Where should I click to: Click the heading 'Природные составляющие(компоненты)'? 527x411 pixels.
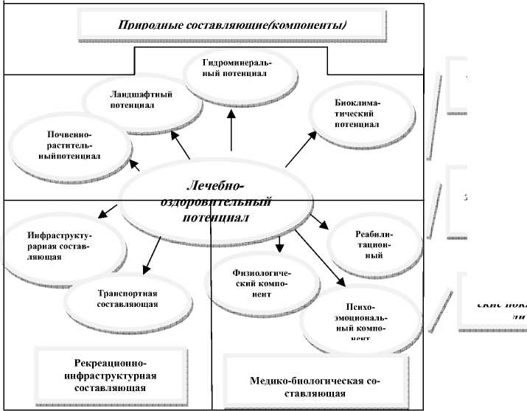click(233, 26)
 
